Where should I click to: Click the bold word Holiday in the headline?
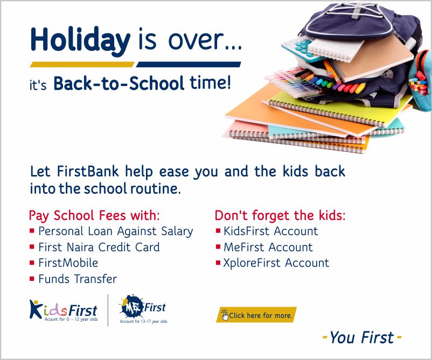[80, 40]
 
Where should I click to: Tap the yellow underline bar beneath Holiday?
[82, 65]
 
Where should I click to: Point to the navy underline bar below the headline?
[189, 65]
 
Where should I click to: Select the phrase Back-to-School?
[119, 83]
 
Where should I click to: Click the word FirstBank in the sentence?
[88, 171]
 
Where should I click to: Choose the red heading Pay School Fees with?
[94, 215]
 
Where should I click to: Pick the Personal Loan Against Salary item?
[116, 231]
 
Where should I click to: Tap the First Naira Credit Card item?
[99, 247]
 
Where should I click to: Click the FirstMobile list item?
[68, 263]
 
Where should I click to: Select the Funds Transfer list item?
[78, 279]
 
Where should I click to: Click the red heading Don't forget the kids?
[280, 215]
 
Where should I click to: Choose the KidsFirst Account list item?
[271, 231]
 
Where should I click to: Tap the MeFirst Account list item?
[268, 247]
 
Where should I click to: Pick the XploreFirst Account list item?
[276, 263]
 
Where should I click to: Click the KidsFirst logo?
[64, 310]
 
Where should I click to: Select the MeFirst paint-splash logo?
[143, 308]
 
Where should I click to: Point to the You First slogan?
[362, 337]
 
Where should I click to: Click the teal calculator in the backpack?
[299, 48]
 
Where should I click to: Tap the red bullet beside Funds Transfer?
[32, 279]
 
